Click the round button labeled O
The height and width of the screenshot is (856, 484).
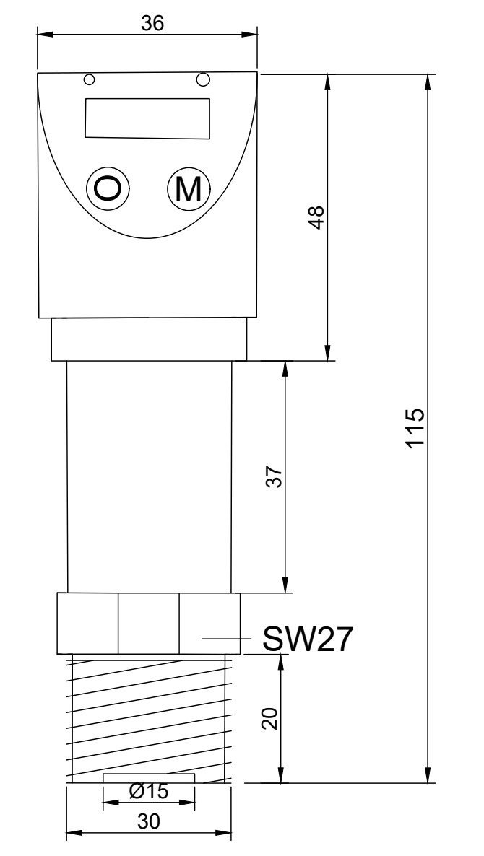[x=108, y=189]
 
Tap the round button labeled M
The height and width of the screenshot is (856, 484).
[x=189, y=189]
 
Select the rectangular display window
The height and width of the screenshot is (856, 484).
[x=147, y=118]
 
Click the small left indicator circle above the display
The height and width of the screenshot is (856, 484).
[x=89, y=79]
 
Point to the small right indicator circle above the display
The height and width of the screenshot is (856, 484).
[x=204, y=78]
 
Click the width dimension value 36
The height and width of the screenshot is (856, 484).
[x=152, y=23]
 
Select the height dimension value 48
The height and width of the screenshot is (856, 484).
[x=316, y=217]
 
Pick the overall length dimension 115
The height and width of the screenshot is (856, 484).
[x=415, y=428]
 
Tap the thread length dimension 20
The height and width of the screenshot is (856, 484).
[x=269, y=719]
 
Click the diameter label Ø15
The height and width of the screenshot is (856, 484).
[x=149, y=792]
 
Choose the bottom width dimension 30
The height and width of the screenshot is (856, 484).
[x=149, y=821]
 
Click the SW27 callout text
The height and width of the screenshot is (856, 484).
[x=308, y=639]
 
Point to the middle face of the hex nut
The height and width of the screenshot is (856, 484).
[x=148, y=623]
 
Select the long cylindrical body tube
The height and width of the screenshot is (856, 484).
[x=150, y=476]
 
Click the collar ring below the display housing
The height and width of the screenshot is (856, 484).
[x=149, y=340]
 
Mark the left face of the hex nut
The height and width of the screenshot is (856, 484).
[x=87, y=623]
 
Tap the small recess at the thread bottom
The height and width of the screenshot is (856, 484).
[x=149, y=777]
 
